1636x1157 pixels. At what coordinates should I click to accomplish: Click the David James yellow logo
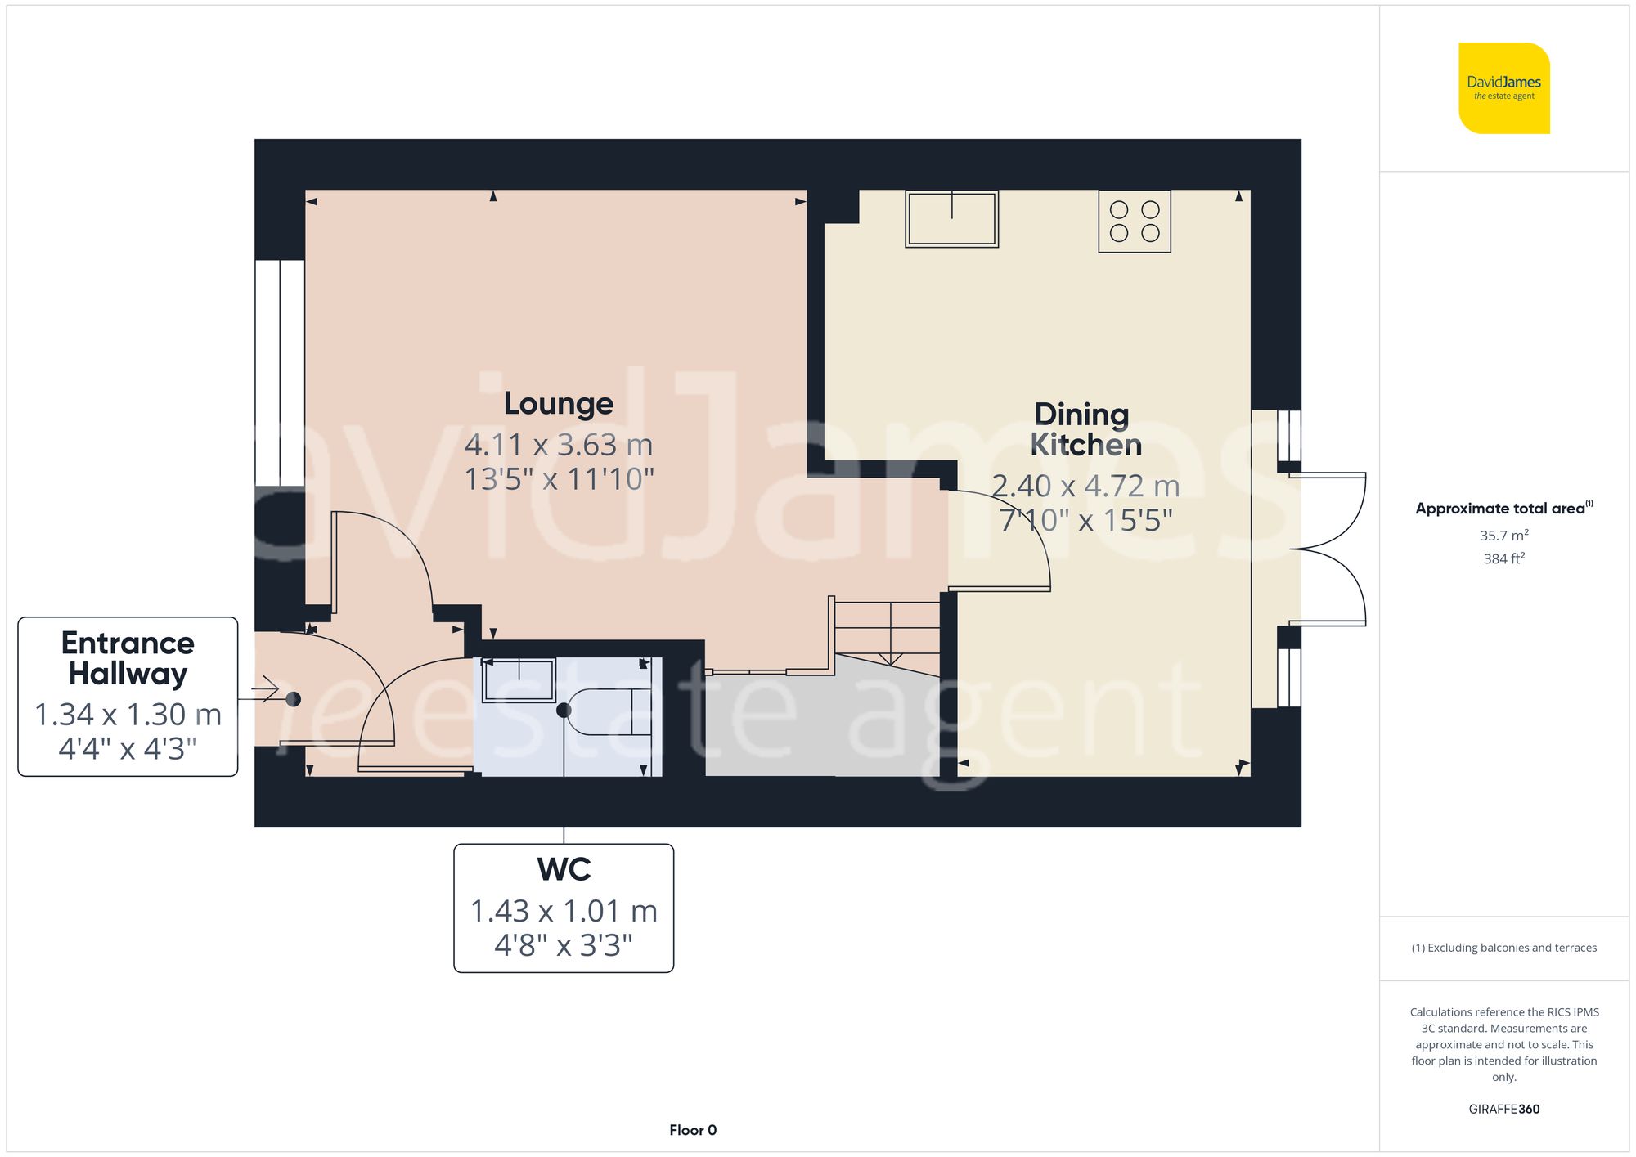1503,88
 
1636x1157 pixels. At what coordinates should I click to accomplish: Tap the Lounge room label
559,404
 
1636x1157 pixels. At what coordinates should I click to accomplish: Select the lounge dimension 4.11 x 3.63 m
559,446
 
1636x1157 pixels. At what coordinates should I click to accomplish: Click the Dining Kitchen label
1084,429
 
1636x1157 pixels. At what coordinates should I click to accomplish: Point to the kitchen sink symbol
951,219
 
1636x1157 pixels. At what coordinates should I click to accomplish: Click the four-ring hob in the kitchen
1135,221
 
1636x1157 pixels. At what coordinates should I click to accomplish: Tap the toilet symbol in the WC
609,711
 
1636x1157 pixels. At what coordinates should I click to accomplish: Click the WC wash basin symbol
519,680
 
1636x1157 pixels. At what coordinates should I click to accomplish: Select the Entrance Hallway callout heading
128,658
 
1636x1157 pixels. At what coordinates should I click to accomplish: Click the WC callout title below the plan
564,869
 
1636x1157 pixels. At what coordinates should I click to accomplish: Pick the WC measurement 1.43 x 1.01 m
564,911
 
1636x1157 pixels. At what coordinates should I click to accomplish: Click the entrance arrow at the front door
267,691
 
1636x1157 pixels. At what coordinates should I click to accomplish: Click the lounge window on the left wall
280,372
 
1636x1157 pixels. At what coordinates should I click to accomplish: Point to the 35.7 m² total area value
1503,536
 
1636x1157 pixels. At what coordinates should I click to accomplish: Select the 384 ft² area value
1503,558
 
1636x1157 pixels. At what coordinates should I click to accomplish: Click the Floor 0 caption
693,1130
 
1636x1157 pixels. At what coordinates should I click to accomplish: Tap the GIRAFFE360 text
1503,1110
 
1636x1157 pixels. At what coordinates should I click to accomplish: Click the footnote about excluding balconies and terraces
1503,948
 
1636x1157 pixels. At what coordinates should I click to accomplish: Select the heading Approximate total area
1502,509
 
